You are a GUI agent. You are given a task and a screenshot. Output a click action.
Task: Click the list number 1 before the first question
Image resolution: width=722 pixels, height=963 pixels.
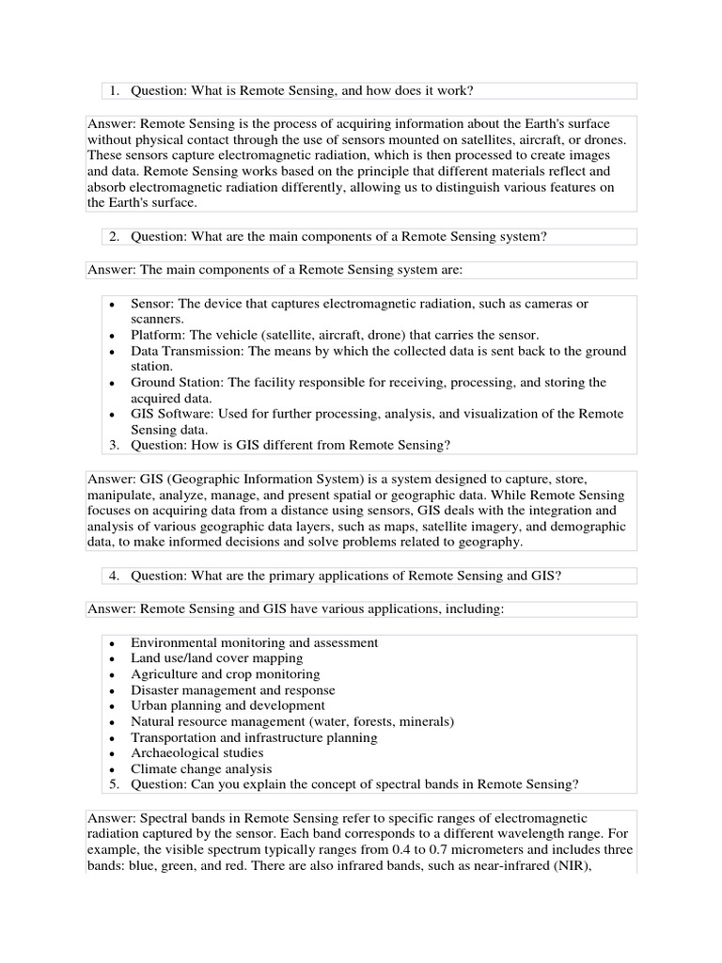point(113,90)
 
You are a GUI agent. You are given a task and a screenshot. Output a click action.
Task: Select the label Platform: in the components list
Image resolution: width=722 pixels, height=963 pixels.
point(161,335)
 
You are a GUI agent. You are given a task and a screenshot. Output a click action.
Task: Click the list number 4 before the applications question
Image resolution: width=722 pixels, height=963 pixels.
point(113,575)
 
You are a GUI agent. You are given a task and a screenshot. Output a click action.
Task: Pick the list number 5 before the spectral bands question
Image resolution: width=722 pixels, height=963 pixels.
point(113,783)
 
